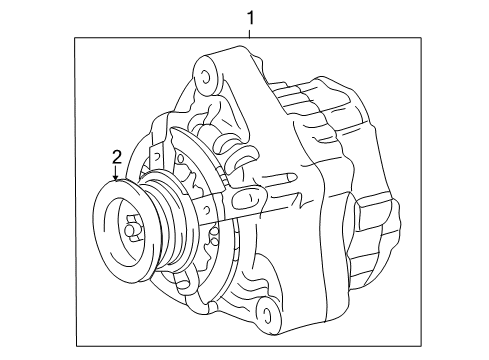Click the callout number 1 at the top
tap(250, 17)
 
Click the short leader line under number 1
tap(250, 32)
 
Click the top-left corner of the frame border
tap(76, 38)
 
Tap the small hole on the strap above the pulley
tap(158, 159)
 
